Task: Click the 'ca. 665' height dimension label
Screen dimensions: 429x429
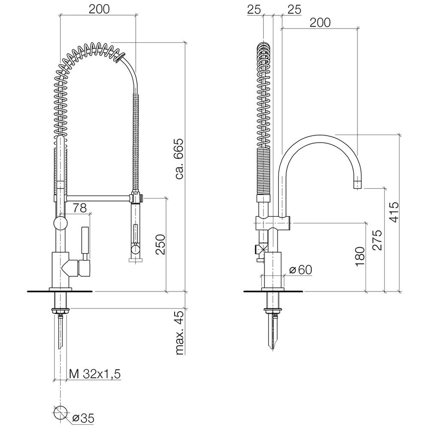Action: [x=179, y=159]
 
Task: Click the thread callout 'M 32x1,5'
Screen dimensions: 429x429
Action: [x=94, y=374]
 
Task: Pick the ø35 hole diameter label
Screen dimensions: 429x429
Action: [x=83, y=417]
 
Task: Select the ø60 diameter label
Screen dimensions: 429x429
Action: [x=300, y=269]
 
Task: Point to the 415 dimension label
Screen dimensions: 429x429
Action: [x=395, y=211]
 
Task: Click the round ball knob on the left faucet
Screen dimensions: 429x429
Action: [x=60, y=224]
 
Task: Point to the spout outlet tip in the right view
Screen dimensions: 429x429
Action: [x=357, y=185]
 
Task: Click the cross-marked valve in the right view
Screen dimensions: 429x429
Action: [x=260, y=249]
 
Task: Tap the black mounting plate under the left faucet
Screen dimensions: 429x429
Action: [x=60, y=292]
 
